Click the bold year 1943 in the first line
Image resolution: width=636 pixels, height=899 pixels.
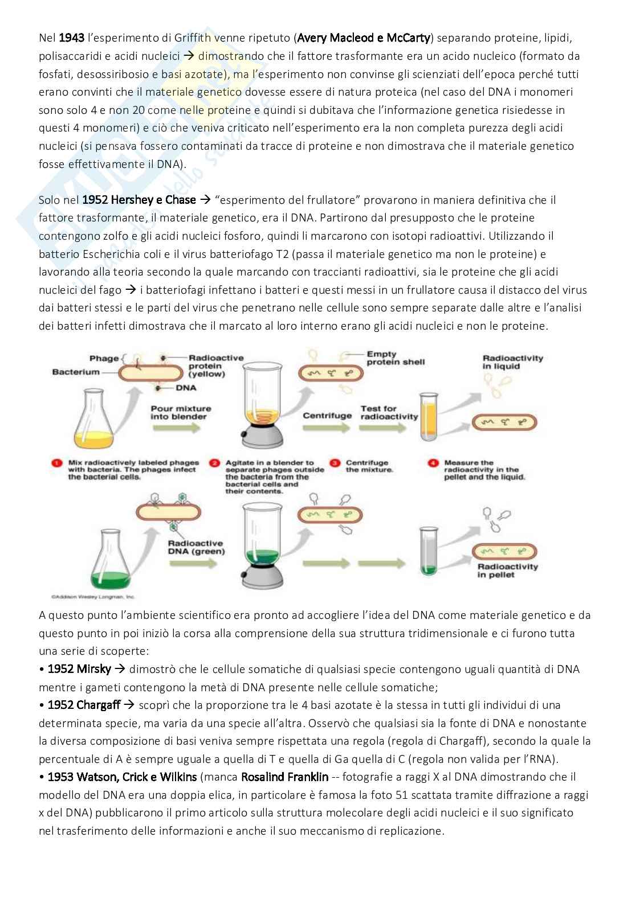72,38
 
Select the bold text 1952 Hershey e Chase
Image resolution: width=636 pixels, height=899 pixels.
139,200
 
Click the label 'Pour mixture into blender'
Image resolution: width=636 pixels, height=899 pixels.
181,413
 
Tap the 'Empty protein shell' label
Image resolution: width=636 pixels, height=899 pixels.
396,358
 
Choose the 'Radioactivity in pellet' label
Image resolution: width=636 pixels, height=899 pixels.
507,570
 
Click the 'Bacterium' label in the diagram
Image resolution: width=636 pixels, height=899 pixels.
76,372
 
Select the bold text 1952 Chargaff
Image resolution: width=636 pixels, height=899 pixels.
84,705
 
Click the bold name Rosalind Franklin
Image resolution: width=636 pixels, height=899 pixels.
284,777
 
